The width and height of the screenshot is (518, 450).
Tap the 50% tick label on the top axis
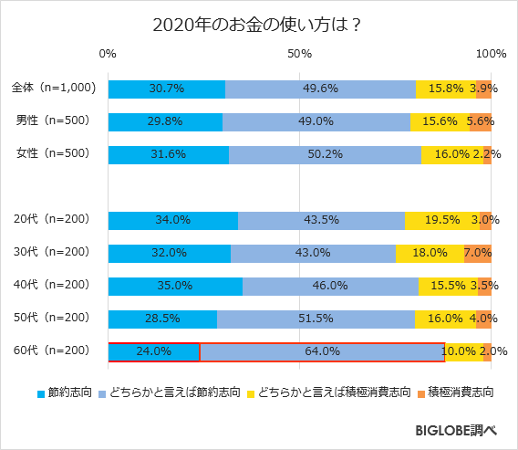(300, 55)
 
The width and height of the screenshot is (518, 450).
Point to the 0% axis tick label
(108, 55)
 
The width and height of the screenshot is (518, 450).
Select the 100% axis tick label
(491, 55)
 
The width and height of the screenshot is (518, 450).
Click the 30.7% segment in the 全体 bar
(167, 89)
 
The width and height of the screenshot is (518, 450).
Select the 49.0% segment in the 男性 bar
(316, 121)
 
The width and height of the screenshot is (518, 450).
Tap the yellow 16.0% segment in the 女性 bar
(451, 154)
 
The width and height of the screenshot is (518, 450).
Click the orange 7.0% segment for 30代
(478, 253)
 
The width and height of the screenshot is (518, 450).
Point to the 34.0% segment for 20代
(173, 220)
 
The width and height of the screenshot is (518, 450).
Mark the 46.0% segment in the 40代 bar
(330, 286)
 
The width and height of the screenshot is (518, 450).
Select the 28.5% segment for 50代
(162, 319)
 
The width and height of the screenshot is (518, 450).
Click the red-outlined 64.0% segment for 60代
(322, 351)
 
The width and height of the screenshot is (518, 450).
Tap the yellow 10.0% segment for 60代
(463, 351)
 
